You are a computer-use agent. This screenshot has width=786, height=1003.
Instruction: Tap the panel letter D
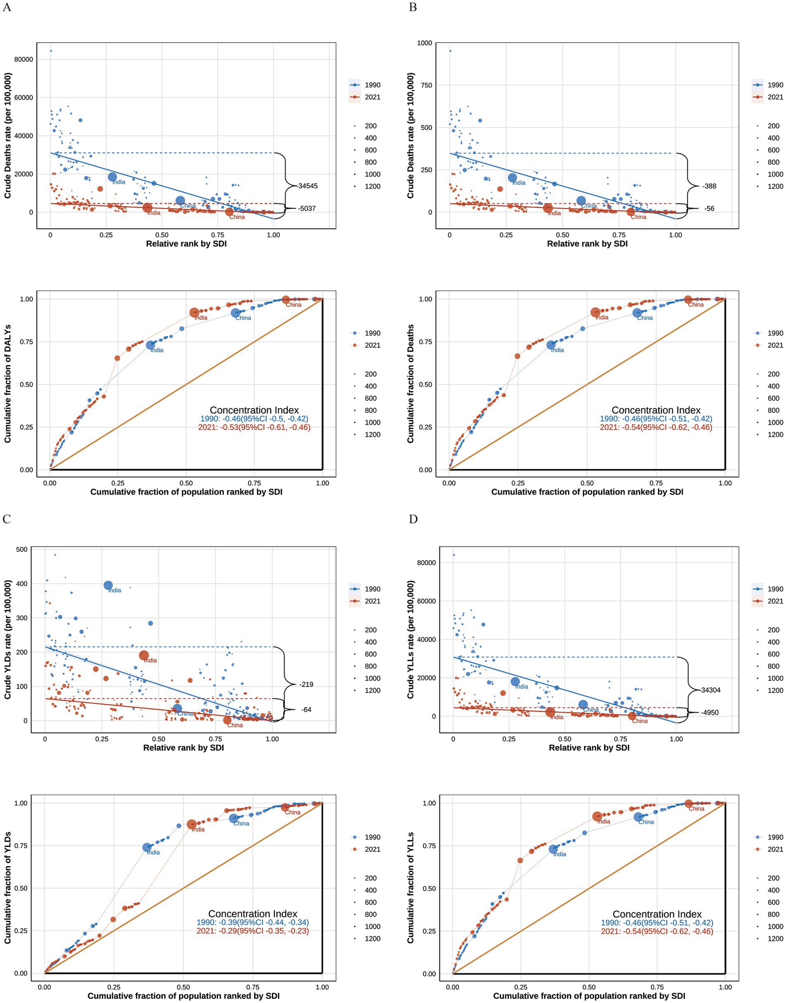413,519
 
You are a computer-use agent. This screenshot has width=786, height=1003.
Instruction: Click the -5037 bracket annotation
307,208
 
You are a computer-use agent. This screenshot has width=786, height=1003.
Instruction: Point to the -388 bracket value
709,186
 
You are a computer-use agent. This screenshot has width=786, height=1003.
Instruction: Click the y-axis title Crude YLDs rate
8,640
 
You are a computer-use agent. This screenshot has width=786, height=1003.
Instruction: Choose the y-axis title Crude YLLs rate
410,640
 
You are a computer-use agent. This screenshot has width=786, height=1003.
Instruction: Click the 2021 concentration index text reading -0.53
254,427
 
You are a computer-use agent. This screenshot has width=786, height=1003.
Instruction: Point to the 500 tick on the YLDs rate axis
22,549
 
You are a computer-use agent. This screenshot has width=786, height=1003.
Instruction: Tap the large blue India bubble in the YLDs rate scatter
108,585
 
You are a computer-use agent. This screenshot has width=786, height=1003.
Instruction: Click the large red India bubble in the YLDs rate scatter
144,655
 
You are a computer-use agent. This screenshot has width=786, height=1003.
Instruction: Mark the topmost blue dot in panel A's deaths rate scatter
51,50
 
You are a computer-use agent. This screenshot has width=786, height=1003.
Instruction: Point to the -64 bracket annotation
306,710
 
